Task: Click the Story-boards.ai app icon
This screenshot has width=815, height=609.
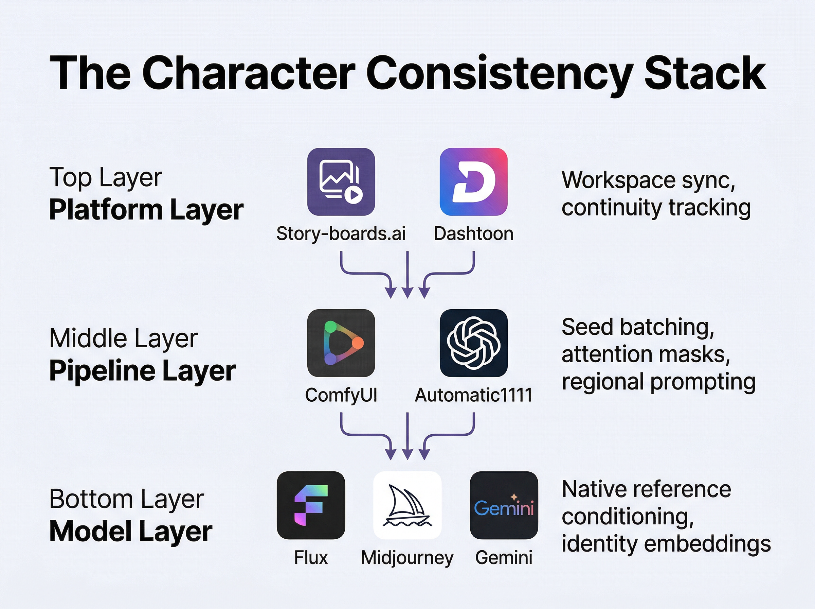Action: click(x=341, y=181)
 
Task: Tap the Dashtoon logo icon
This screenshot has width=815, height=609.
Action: click(x=474, y=181)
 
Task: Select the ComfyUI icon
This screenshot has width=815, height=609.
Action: click(x=341, y=343)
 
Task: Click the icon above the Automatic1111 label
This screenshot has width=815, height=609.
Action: click(x=474, y=343)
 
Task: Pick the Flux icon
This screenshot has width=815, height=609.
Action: click(x=311, y=505)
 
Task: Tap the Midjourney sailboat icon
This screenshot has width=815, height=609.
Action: click(x=407, y=505)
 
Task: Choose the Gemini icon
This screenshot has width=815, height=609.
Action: click(x=504, y=505)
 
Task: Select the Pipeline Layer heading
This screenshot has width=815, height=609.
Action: click(x=143, y=370)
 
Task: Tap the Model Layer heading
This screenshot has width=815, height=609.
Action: click(x=131, y=532)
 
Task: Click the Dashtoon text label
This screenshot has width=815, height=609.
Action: click(x=474, y=234)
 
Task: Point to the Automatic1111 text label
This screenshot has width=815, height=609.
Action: click(x=474, y=395)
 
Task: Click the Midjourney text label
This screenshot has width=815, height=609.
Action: click(x=407, y=558)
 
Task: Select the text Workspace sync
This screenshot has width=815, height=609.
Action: click(x=648, y=181)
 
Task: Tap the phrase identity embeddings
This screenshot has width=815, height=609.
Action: click(x=666, y=543)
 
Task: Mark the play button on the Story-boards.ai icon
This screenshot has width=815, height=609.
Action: click(x=354, y=194)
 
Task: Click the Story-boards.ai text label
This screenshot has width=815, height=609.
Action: click(x=341, y=234)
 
